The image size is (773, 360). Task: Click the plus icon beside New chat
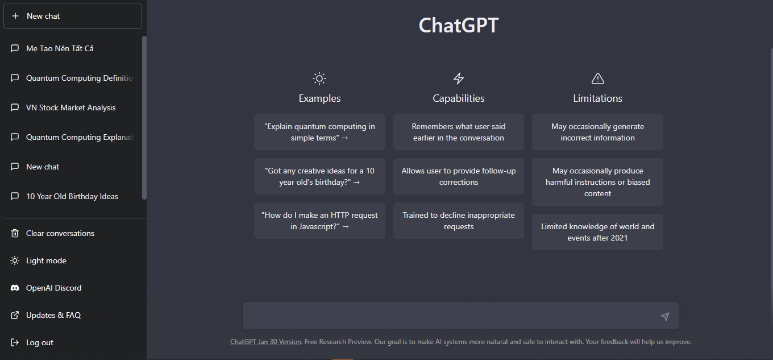[15, 16]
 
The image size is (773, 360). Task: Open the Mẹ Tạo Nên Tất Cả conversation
[60, 48]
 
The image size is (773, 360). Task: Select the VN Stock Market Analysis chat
[70, 107]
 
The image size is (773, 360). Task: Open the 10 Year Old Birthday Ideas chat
[72, 196]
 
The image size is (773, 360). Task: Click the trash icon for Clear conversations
[15, 233]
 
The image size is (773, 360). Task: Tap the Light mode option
[46, 260]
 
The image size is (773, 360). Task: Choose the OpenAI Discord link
[54, 288]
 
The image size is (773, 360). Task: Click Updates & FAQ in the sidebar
[53, 315]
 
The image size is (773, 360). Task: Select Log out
[40, 342]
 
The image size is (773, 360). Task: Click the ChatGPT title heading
[459, 25]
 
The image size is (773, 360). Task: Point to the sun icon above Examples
[319, 78]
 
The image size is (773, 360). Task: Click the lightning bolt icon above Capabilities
[459, 78]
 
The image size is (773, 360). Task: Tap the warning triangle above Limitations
[598, 78]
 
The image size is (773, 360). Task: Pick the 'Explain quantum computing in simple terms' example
[319, 132]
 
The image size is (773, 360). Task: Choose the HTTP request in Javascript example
[319, 221]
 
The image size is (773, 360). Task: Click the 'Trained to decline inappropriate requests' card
[459, 221]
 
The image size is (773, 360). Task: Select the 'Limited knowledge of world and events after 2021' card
[598, 232]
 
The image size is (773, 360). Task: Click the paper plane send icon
[665, 316]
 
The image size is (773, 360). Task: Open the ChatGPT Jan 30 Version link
[266, 342]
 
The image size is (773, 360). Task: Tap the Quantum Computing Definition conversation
[80, 78]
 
